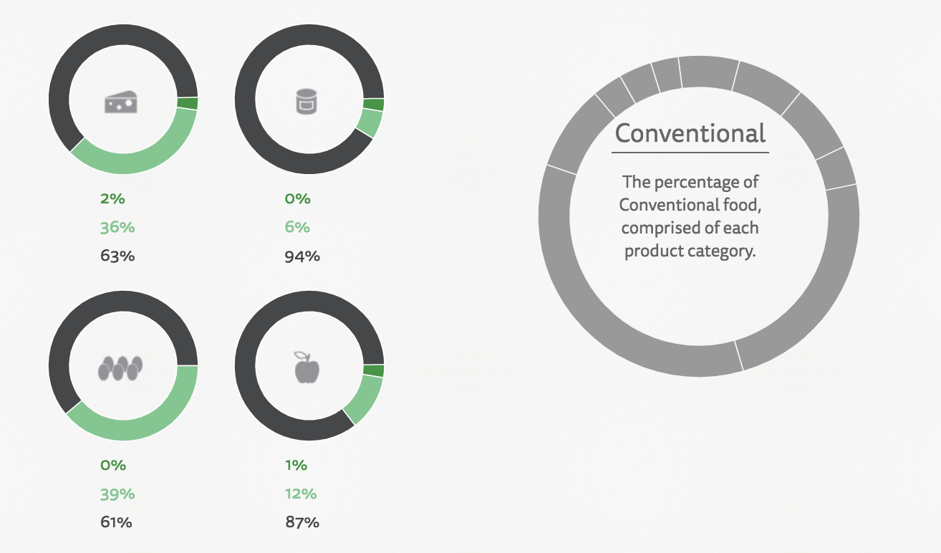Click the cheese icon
click(x=121, y=102)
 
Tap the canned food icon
click(x=307, y=101)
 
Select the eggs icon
click(x=120, y=368)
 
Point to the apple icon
click(x=307, y=367)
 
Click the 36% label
click(x=117, y=227)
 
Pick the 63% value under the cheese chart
click(x=117, y=256)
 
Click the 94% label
click(x=302, y=256)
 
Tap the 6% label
click(x=297, y=227)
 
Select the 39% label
click(x=117, y=494)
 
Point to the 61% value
click(x=116, y=522)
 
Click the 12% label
click(x=301, y=494)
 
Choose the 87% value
click(x=302, y=522)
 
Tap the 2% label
click(x=112, y=198)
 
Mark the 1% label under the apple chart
click(x=296, y=465)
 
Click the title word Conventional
click(x=690, y=133)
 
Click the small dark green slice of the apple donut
click(x=373, y=370)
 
